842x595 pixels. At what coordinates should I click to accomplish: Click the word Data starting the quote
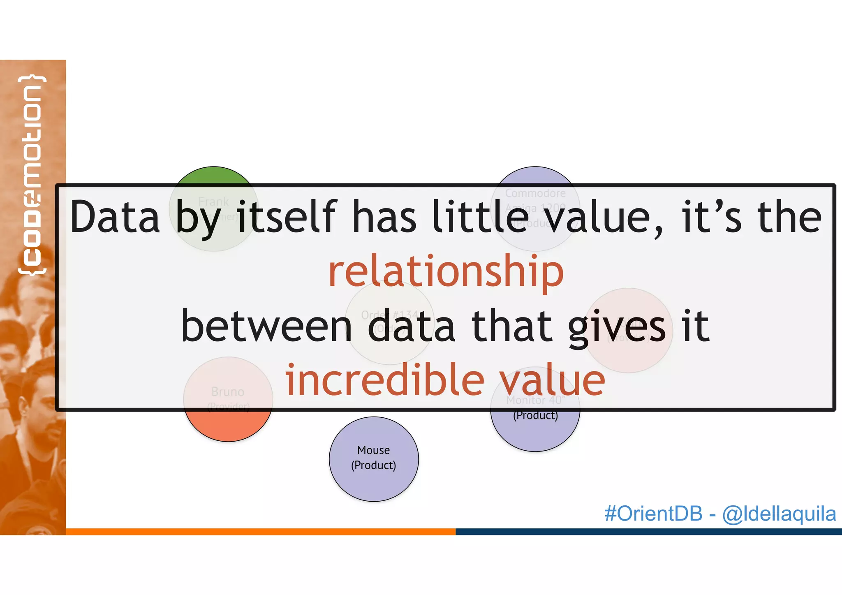115,217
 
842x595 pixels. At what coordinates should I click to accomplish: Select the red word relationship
446,271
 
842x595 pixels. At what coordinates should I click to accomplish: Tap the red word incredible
385,380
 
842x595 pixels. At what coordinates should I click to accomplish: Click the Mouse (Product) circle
374,458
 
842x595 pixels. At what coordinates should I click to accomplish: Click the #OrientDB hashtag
653,514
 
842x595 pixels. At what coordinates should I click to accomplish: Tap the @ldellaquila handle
779,514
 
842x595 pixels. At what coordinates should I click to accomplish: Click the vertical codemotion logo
32,175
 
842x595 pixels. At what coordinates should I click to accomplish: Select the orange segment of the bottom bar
261,532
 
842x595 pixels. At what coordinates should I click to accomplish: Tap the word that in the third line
511,326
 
